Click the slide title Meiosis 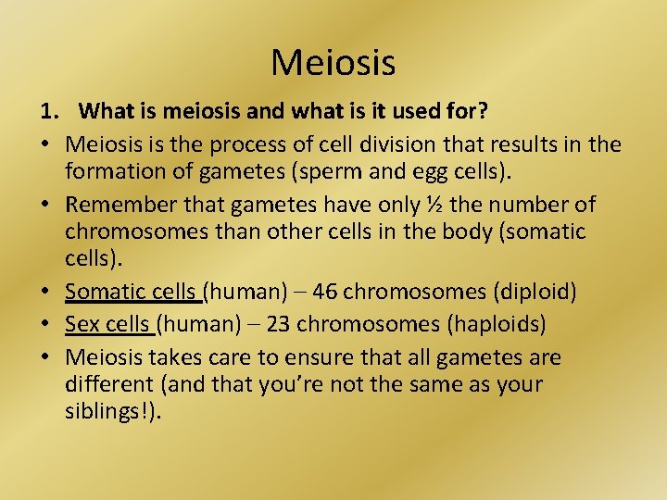click(x=333, y=63)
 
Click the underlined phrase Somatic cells click(x=132, y=293)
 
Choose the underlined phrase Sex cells click(x=108, y=325)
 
